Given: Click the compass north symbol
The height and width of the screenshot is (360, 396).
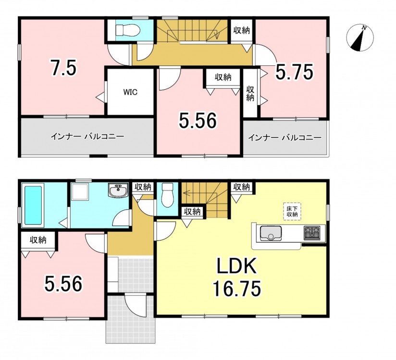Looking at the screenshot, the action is click(x=360, y=38).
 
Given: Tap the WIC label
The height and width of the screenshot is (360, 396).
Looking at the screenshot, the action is click(x=130, y=92).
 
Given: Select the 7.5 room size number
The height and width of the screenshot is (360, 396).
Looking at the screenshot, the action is click(x=63, y=67).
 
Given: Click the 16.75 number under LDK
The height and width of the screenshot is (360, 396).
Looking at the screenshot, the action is click(x=236, y=289).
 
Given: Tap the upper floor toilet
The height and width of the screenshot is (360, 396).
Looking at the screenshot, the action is click(x=128, y=31).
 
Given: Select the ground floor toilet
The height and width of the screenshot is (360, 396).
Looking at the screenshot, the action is click(x=167, y=195).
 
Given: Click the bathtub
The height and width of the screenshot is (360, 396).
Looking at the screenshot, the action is click(x=33, y=205).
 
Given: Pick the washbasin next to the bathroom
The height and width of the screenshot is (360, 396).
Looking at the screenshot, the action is click(x=118, y=191).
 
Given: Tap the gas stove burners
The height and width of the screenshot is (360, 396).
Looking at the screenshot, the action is click(x=312, y=233).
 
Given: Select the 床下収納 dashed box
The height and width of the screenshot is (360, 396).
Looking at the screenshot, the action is click(x=292, y=211).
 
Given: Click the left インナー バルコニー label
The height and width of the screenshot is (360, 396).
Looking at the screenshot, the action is click(x=87, y=137).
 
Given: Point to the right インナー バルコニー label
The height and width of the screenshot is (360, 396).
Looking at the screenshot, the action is click(x=285, y=138).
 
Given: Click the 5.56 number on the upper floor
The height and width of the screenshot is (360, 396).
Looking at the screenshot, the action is click(x=198, y=120).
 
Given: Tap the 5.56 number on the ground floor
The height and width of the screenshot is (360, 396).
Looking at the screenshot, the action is click(x=63, y=284).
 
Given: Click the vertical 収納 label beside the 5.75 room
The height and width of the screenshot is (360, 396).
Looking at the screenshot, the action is click(x=250, y=94).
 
